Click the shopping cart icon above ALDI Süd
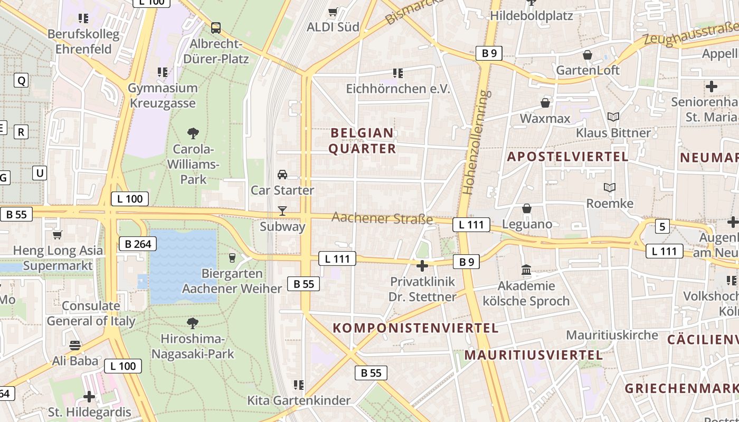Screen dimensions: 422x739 (x=333, y=12)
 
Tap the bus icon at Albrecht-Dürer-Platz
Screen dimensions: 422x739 (x=215, y=28)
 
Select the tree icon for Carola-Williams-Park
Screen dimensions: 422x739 (x=193, y=133)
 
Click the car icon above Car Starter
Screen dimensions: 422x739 (x=282, y=175)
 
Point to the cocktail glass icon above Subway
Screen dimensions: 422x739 (x=282, y=211)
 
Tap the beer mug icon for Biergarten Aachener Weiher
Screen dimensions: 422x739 (x=232, y=257)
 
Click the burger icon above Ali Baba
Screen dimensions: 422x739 (x=74, y=346)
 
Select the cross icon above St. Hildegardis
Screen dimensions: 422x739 (x=89, y=396)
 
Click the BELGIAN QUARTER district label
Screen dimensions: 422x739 (x=362, y=141)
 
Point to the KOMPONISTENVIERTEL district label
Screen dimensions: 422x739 (x=415, y=328)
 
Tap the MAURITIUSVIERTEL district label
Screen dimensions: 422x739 (x=533, y=355)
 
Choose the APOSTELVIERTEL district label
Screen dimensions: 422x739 (x=567, y=157)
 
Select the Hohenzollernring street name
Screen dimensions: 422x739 (x=476, y=142)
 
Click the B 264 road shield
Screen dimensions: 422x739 (x=138, y=244)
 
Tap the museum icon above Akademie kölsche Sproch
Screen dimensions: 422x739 (x=526, y=270)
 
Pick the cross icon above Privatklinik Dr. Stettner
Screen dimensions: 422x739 (x=422, y=266)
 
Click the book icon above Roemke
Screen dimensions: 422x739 (x=609, y=187)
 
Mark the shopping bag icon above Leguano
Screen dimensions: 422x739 (x=526, y=208)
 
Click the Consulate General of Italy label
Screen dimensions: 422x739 (x=91, y=313)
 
